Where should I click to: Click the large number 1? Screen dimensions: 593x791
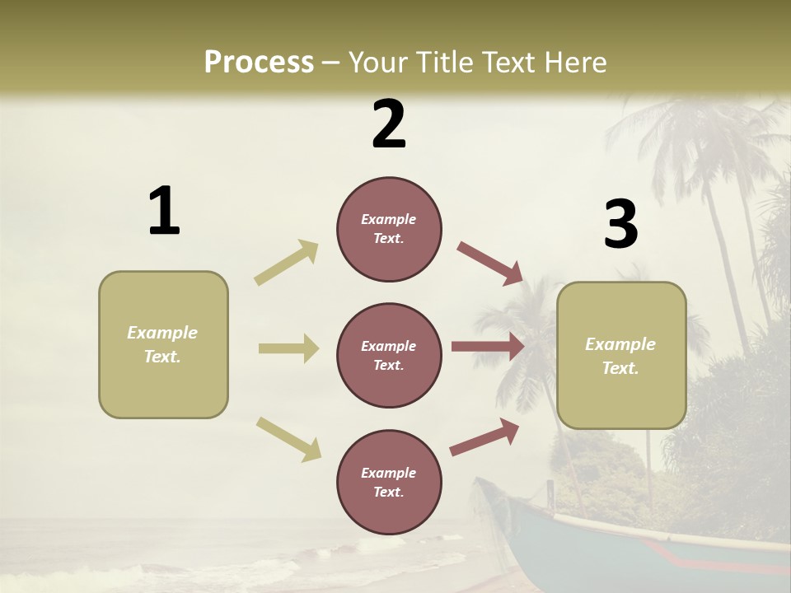tap(164, 212)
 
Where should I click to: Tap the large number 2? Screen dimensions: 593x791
tap(389, 124)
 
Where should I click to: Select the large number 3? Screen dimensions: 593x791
tap(620, 225)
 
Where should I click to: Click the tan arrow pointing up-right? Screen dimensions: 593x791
tap(287, 262)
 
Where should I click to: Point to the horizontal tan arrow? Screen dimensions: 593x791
tap(288, 348)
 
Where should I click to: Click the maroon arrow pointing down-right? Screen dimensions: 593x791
tap(489, 263)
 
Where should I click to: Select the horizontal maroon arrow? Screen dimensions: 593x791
tap(488, 347)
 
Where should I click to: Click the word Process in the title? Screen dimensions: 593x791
tap(259, 62)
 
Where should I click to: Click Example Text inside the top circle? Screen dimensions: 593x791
tap(389, 229)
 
